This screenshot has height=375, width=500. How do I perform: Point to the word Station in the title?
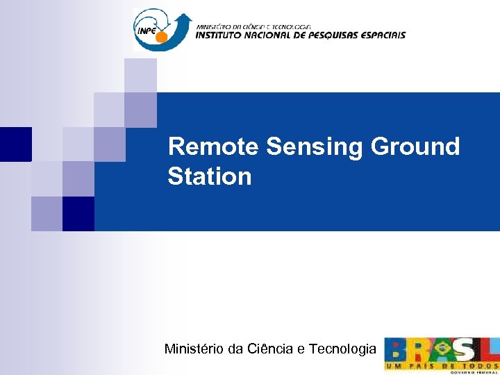pos(209,177)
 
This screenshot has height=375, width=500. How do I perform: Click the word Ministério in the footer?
pos(194,349)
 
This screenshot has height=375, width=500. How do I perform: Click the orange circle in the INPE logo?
pos(161,37)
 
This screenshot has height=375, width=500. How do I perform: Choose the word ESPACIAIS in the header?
pos(383,35)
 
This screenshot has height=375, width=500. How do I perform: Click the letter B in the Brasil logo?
pos(397,350)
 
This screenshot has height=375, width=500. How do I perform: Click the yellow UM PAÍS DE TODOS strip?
pos(442,365)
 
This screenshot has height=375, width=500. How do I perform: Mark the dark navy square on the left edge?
pos(15,144)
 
